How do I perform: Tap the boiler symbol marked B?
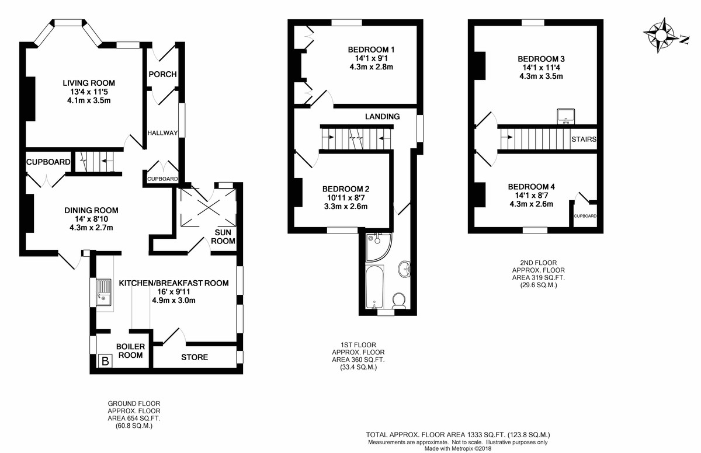(x=105, y=361)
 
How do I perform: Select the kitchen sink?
(x=103, y=292)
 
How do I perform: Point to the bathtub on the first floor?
(x=374, y=287)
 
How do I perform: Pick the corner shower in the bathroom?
(x=379, y=247)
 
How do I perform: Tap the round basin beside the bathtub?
(x=405, y=269)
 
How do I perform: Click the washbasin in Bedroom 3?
(x=566, y=116)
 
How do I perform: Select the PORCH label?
(x=163, y=74)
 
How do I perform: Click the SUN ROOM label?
(x=223, y=236)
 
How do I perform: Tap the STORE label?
(x=195, y=357)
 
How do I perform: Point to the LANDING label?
(x=383, y=117)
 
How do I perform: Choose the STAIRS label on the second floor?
(x=584, y=139)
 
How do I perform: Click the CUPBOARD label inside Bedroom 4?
(x=585, y=216)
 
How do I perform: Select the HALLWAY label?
(x=162, y=133)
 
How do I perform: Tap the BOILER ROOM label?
(x=130, y=351)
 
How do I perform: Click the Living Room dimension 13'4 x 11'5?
(x=89, y=92)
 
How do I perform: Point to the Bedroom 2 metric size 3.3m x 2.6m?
(x=346, y=206)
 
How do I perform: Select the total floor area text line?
(x=458, y=434)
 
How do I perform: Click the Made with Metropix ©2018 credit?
(x=458, y=449)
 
